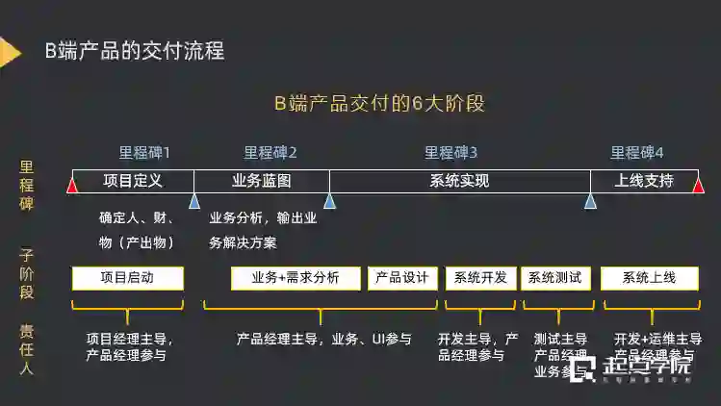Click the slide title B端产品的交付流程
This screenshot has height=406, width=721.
(x=135, y=51)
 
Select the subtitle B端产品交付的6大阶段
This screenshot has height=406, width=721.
(x=379, y=104)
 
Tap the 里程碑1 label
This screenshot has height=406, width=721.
(x=144, y=152)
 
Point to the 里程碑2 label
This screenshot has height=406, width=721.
(x=270, y=152)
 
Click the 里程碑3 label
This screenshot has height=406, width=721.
(x=451, y=152)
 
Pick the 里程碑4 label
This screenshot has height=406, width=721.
(x=637, y=152)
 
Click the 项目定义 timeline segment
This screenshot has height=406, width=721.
(x=133, y=181)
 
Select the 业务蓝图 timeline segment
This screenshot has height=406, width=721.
(x=262, y=181)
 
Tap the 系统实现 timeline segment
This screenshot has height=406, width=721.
(x=459, y=181)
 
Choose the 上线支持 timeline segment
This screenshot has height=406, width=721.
(x=644, y=181)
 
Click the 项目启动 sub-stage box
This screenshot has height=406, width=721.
(x=128, y=278)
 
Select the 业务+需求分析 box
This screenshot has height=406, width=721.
(x=296, y=278)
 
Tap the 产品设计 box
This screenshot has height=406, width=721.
(x=403, y=278)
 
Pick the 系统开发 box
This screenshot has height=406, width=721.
(x=481, y=278)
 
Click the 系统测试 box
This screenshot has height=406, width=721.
(x=555, y=278)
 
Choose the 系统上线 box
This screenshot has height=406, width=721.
(x=649, y=278)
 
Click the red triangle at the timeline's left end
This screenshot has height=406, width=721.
(x=72, y=184)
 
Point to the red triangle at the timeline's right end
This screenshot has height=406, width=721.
(x=698, y=184)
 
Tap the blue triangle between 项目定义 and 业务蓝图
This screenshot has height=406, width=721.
(x=194, y=200)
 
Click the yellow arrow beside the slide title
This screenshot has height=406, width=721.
(x=10, y=53)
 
